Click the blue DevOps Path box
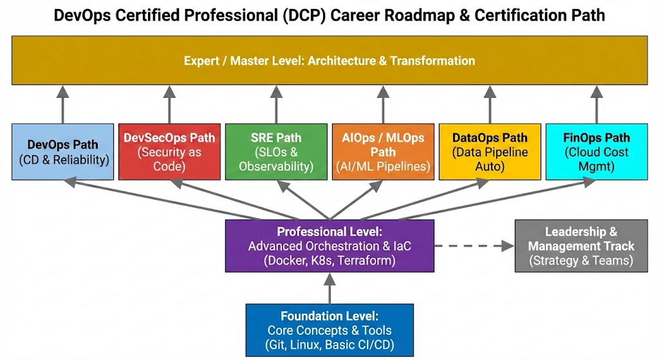pyautogui.click(x=63, y=151)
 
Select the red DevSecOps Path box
pyautogui.click(x=170, y=151)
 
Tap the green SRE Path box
pyautogui.click(x=276, y=151)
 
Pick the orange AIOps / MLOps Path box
pyautogui.click(x=383, y=151)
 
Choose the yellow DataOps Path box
pyautogui.click(x=490, y=151)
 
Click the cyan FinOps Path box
pyautogui.click(x=596, y=151)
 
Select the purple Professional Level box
pyautogui.click(x=329, y=246)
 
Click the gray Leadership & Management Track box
pyautogui.click(x=581, y=246)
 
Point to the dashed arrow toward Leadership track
pyautogui.click(x=474, y=246)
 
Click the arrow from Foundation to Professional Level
pyautogui.click(x=329, y=288)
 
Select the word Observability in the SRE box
pyautogui.click(x=276, y=167)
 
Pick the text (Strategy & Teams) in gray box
pyautogui.click(x=581, y=261)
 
